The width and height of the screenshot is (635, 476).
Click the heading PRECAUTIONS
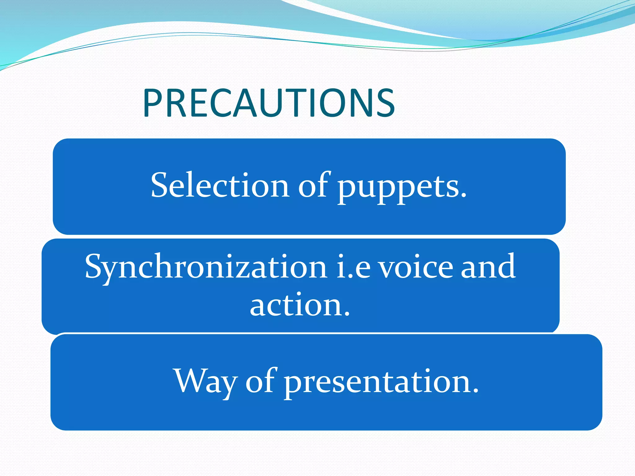pos(269,103)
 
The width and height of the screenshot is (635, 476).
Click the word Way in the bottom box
pos(206,381)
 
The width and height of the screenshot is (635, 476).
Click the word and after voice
pos(488,266)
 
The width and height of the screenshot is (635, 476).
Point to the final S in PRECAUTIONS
pos(384,103)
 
